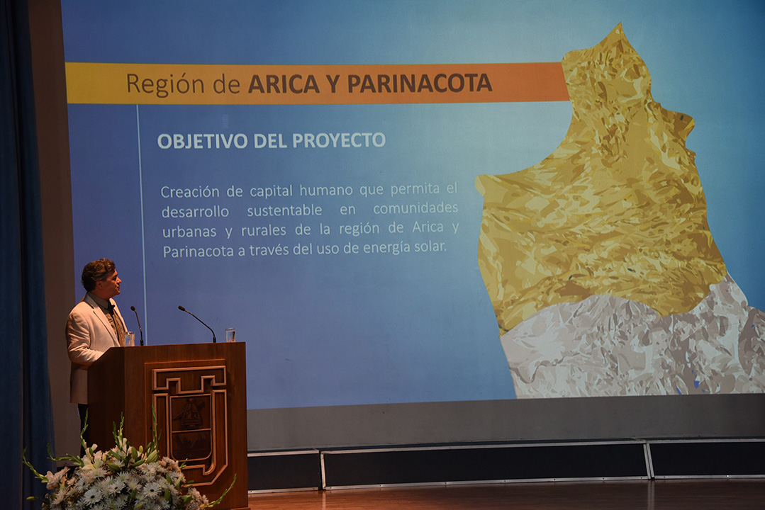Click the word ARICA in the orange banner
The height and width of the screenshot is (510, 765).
click(284, 84)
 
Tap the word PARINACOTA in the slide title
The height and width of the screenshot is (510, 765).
click(419, 84)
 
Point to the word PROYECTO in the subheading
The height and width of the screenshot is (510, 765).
click(339, 140)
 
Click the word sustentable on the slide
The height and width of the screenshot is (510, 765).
click(284, 210)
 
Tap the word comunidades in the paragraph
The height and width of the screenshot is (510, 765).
click(415, 208)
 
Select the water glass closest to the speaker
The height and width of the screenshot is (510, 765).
click(129, 339)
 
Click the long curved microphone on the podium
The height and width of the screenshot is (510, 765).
click(198, 322)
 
